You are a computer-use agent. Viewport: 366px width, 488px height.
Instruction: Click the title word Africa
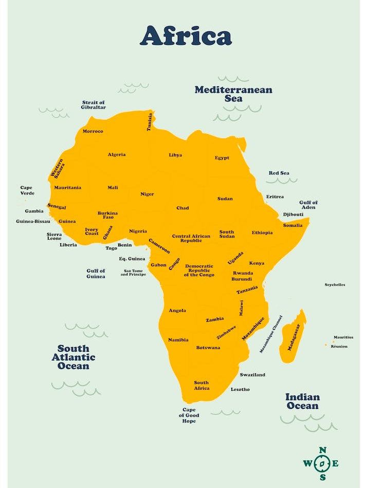(186, 36)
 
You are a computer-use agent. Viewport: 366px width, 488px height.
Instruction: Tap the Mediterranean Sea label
(233, 94)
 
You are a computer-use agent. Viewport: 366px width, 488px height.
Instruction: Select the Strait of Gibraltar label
(94, 105)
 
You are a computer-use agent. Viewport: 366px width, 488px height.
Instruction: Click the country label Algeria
(117, 154)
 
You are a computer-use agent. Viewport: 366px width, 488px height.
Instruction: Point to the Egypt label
(222, 158)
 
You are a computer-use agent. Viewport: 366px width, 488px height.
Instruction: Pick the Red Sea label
(279, 173)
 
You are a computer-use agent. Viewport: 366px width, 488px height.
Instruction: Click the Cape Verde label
(26, 190)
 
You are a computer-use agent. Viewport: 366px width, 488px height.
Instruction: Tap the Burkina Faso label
(108, 215)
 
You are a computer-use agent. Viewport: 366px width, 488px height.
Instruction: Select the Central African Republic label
(191, 239)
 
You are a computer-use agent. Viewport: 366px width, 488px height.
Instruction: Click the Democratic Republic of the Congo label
(199, 270)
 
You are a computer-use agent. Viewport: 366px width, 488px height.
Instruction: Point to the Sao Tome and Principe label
(133, 273)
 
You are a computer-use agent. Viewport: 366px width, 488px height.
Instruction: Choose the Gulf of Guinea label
(96, 274)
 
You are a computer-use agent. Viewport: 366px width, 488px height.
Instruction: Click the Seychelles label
(335, 284)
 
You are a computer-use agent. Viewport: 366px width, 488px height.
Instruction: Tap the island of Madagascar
(292, 337)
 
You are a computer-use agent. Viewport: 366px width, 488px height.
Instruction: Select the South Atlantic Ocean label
(74, 357)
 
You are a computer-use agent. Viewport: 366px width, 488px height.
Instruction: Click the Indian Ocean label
(303, 401)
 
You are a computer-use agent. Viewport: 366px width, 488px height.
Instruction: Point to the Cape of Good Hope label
(189, 415)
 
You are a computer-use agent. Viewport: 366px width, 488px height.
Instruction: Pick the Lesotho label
(240, 389)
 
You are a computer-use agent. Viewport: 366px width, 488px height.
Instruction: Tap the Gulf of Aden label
(308, 205)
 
